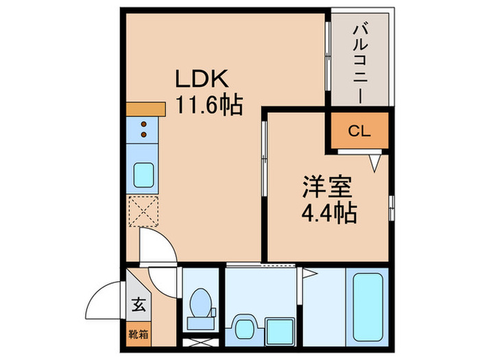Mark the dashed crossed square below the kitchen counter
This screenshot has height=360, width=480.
[143, 212]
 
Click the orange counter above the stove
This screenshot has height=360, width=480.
[146, 109]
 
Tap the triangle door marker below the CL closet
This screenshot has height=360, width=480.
[374, 163]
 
